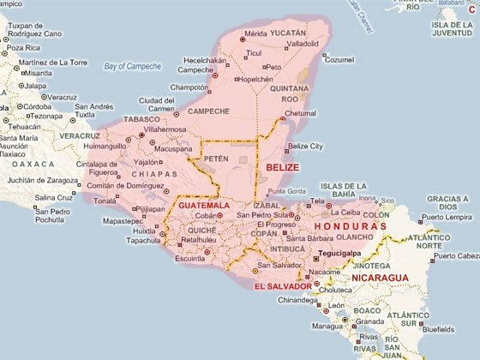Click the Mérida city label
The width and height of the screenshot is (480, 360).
[256, 33]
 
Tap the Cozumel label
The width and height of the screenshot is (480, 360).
[338, 59]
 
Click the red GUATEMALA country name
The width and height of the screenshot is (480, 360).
[204, 207]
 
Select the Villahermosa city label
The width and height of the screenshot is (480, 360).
[172, 128]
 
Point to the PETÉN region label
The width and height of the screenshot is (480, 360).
[217, 159]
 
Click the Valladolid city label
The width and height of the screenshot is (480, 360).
[291, 42]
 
